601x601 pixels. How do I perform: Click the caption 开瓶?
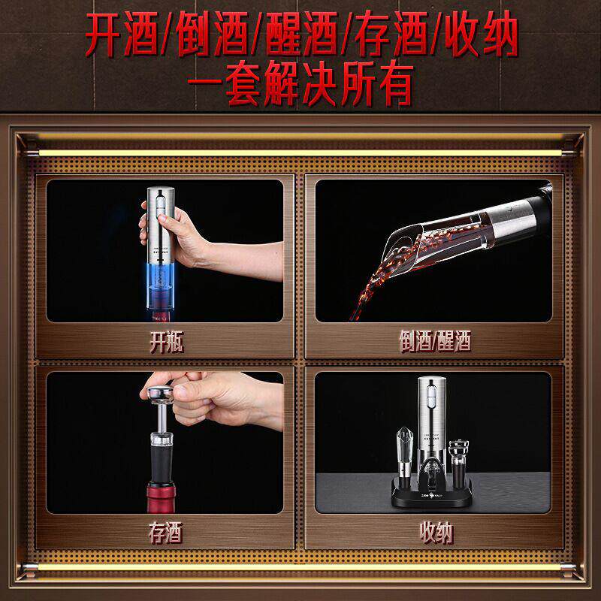pos(166,343)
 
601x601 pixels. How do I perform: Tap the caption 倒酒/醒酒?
pos(434,343)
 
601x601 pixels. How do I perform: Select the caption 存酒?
pos(166,534)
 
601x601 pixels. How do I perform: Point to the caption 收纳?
pos(434,534)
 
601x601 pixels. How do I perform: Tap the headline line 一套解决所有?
pos(300,85)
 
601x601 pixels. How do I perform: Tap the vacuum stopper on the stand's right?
pos(457,460)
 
